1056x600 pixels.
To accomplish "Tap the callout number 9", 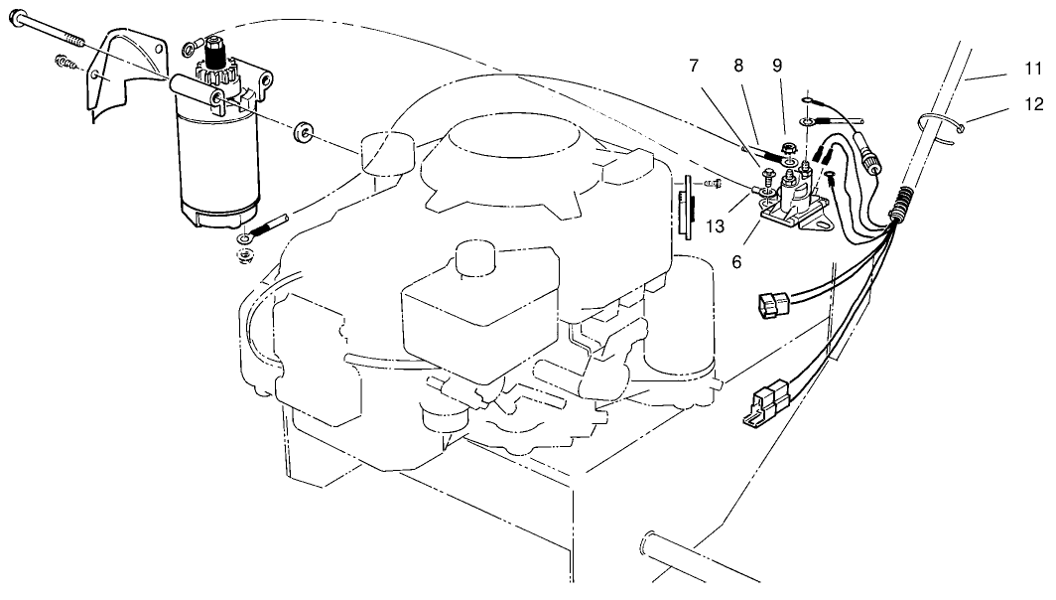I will point(778,66).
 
